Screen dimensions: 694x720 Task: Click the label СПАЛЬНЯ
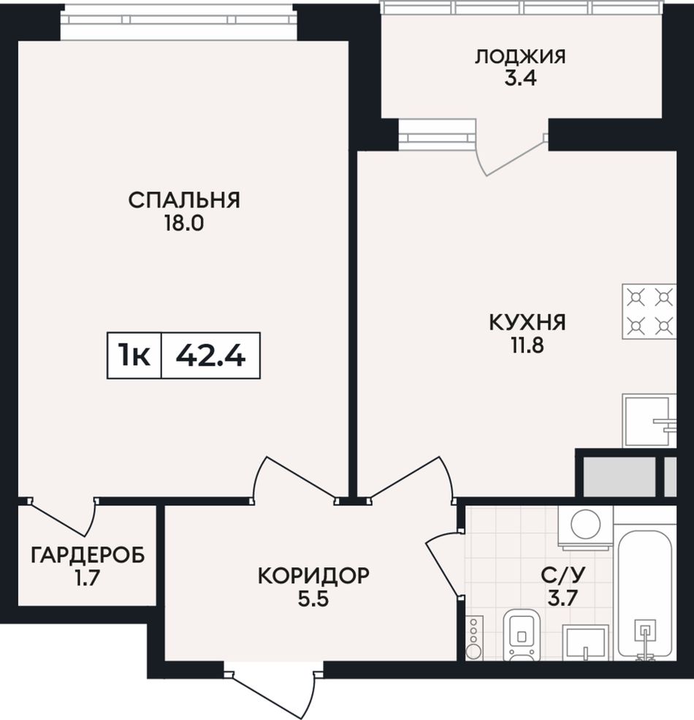pos(184,200)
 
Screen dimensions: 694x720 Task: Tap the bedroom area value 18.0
pos(184,224)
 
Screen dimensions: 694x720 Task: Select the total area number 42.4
pos(210,355)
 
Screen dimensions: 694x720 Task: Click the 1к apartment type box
pos(134,355)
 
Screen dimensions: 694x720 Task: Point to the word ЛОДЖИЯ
pos(520,56)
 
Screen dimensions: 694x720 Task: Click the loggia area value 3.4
pos(520,79)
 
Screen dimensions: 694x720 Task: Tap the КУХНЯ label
pos(527,322)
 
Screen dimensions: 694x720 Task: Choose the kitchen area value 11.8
pos(528,345)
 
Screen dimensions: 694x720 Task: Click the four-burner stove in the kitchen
pos(649,312)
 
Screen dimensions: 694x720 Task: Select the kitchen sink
pos(649,420)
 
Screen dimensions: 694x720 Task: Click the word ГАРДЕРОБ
pos(88,555)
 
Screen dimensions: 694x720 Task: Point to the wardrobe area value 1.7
pos(87,578)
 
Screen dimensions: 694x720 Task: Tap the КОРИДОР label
pos(313,576)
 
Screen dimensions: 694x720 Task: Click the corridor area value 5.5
pos(313,599)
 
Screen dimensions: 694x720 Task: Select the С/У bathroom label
pos(563,575)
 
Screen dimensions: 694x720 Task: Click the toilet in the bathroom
pos(523,635)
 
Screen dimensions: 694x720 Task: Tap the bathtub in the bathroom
pos(645,596)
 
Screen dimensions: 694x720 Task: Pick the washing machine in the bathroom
pos(585,526)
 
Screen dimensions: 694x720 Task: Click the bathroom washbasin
pos(586,643)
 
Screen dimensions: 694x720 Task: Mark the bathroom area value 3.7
pos(563,599)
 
